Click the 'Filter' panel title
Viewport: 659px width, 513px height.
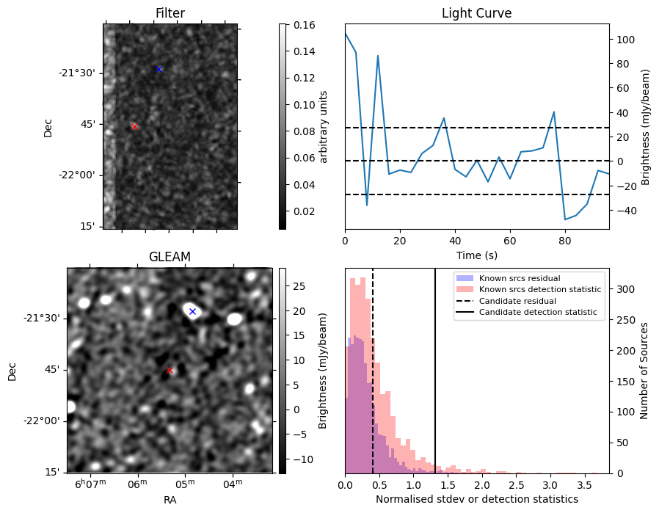170,13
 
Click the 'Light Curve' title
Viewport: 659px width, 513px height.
476,13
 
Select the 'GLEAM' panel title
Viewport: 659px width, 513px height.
170,257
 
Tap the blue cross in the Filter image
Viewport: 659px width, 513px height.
159,69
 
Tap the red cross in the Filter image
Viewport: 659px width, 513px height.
134,126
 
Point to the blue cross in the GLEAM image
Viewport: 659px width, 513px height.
192,312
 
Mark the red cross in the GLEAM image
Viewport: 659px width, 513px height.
170,370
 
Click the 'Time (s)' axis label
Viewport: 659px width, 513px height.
476,255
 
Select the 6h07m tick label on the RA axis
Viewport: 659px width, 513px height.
91,483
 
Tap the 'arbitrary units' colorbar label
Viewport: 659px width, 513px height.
323,126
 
